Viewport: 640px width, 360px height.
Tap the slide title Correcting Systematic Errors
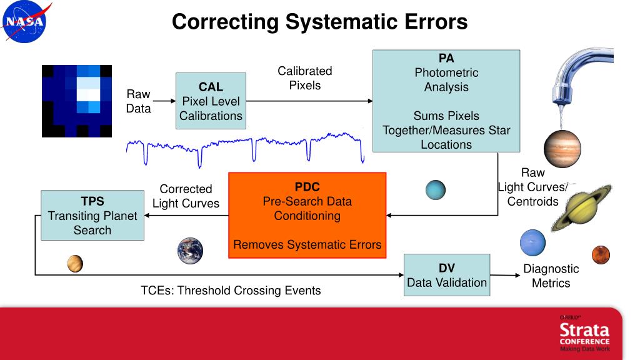[319, 22]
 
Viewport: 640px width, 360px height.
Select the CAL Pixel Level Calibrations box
[211, 101]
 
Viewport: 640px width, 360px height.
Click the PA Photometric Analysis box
[446, 101]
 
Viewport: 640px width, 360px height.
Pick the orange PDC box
[307, 216]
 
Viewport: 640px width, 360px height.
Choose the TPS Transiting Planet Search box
[92, 216]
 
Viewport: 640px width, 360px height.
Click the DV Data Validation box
[447, 275]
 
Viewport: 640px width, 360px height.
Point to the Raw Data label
[138, 101]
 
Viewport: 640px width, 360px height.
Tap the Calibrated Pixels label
[305, 78]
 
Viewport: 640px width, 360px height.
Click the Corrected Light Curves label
[186, 196]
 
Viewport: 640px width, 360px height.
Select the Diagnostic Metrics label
[551, 276]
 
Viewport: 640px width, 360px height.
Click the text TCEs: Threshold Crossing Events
[231, 291]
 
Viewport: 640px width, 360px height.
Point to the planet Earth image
[190, 250]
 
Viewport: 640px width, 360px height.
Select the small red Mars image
[601, 254]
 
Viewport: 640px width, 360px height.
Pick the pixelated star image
[76, 101]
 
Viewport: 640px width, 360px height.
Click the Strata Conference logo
[584, 334]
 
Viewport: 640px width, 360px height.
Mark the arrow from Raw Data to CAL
[164, 100]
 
